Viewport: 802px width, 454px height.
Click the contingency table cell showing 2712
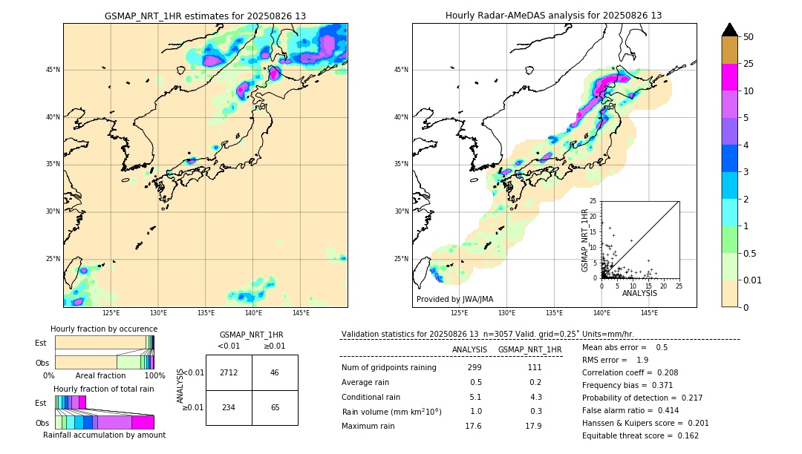[x=229, y=372]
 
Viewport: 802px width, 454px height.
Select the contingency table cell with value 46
[x=275, y=372]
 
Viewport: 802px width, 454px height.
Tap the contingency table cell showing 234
[x=229, y=407]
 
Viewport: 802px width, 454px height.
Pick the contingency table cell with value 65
[x=275, y=407]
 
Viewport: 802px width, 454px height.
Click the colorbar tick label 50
[x=749, y=37]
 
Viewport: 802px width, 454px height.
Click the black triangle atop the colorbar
[x=730, y=30]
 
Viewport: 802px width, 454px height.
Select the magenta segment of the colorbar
[x=730, y=77]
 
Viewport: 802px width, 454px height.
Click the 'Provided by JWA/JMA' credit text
[x=454, y=299]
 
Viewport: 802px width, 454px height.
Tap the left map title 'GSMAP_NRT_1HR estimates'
[x=205, y=16]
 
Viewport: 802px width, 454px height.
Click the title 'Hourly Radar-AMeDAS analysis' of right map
[x=554, y=16]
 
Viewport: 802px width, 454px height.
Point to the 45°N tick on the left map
[x=53, y=70]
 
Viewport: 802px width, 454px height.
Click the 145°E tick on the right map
[x=649, y=313]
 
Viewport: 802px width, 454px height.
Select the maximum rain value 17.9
[x=533, y=426]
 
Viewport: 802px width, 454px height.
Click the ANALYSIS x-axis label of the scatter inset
[x=639, y=293]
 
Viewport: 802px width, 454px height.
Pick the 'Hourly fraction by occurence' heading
[x=104, y=329]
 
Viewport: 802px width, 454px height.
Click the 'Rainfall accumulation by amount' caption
[x=104, y=435]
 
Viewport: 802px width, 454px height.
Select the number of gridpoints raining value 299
[x=475, y=367]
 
